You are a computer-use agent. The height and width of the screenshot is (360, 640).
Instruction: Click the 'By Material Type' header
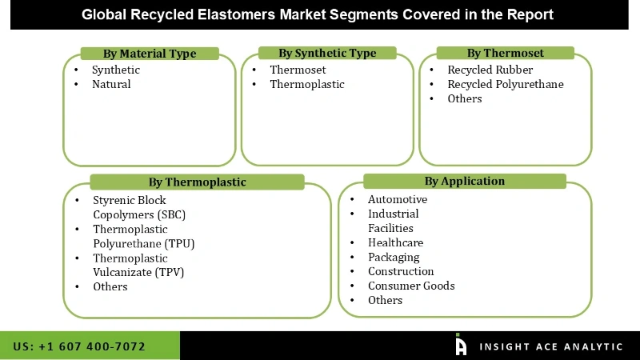(x=150, y=54)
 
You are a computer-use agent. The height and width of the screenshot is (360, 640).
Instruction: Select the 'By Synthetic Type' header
(x=327, y=53)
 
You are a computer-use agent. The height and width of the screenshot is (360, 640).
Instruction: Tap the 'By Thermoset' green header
(x=505, y=53)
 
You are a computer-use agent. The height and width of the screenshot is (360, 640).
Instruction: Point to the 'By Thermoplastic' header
(x=197, y=182)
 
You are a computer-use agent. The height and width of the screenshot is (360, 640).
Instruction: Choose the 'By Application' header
(x=464, y=181)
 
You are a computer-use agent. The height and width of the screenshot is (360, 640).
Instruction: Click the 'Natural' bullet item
(x=111, y=84)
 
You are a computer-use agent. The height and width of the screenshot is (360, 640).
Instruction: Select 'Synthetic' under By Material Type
(x=115, y=70)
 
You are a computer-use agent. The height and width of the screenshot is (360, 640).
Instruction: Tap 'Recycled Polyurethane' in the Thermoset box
(x=505, y=84)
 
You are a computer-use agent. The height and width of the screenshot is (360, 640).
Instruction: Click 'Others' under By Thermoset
(x=464, y=98)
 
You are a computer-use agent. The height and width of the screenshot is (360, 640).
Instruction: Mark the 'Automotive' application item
(x=398, y=199)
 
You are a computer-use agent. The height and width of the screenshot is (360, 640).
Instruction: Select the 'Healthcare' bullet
(x=395, y=242)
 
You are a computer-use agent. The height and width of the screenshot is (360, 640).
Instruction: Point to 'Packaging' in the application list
(x=394, y=257)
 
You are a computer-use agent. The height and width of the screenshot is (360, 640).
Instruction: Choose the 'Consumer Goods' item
(x=411, y=286)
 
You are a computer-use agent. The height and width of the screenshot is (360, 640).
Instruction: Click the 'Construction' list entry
(x=401, y=271)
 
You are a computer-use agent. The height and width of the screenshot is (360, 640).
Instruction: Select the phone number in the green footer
(x=80, y=346)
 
